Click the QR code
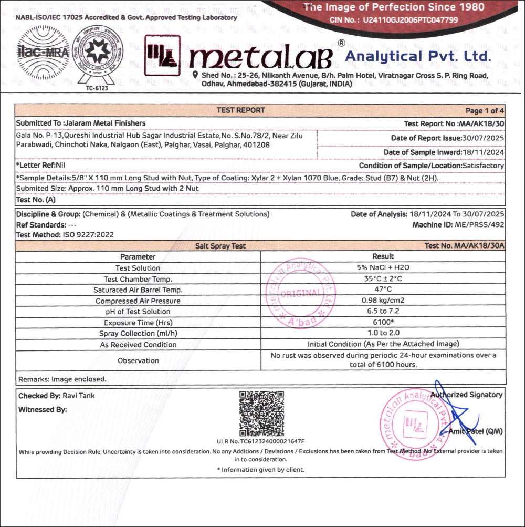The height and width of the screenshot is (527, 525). pyautogui.click(x=261, y=414)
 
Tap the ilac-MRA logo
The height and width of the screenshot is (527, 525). pyautogui.click(x=44, y=52)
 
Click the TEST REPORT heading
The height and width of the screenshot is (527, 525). pyautogui.click(x=241, y=110)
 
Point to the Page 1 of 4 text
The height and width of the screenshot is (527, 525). pyautogui.click(x=485, y=111)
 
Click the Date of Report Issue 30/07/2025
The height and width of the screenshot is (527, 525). pyautogui.click(x=447, y=138)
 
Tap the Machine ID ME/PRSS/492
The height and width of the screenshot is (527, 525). pyautogui.click(x=458, y=224)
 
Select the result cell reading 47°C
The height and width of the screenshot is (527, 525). pyautogui.click(x=383, y=290)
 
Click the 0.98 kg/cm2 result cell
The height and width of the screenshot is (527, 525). pyautogui.click(x=383, y=301)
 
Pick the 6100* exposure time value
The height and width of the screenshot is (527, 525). pyautogui.click(x=383, y=323)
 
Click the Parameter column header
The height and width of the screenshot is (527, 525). pyautogui.click(x=138, y=257)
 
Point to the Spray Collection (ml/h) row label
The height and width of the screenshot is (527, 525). pyautogui.click(x=138, y=334)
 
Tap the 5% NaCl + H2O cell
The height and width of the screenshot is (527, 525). pyautogui.click(x=383, y=267)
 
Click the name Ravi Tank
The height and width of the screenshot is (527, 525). pyautogui.click(x=79, y=396)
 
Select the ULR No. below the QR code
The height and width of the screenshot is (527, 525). pyautogui.click(x=260, y=441)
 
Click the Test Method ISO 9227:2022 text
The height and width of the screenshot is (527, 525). pyautogui.click(x=65, y=235)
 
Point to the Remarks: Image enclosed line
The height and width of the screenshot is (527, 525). pyautogui.click(x=62, y=379)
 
